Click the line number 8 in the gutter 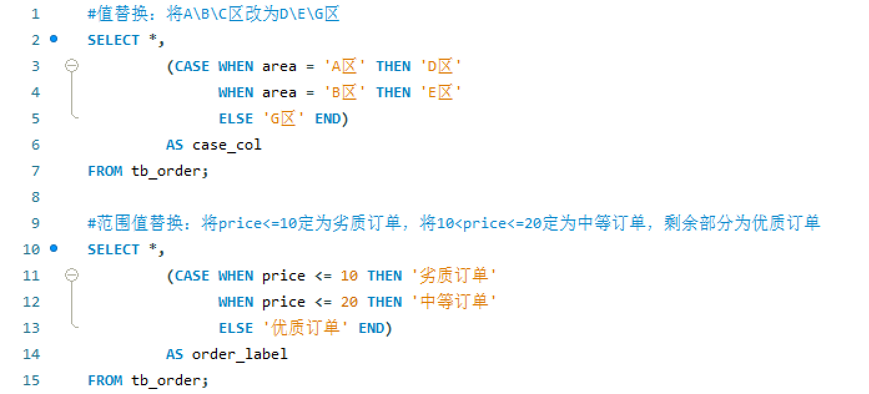point(35,197)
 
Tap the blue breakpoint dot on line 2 point(54,39)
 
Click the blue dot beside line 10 point(54,249)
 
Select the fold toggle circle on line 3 point(72,65)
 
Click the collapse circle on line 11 point(72,275)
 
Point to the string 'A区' point(344,66)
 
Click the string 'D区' point(440,66)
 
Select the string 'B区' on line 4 point(344,92)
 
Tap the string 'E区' point(440,92)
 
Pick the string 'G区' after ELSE point(283,118)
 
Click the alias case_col point(226,145)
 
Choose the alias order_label point(240,354)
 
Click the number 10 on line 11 point(349,276)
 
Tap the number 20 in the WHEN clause point(349,302)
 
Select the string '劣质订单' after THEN point(454,276)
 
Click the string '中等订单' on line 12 point(454,302)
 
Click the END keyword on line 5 point(328,118)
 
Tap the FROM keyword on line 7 point(105,171)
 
